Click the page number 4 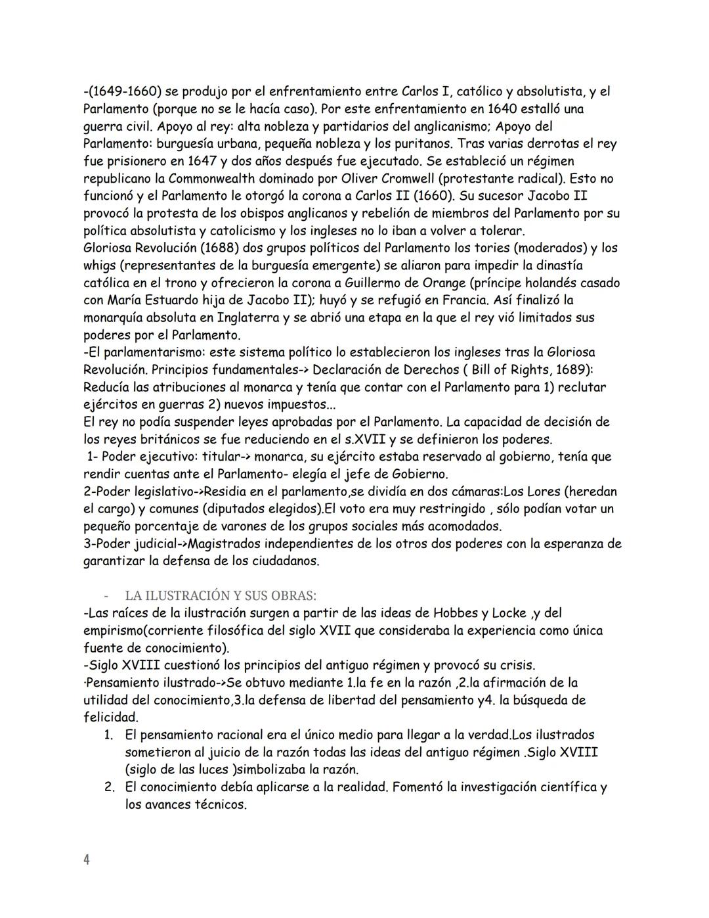(x=87, y=860)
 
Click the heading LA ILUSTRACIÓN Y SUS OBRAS (x=221, y=596)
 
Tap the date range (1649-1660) (x=123, y=91)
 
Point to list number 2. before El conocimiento (x=110, y=787)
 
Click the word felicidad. (x=110, y=718)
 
